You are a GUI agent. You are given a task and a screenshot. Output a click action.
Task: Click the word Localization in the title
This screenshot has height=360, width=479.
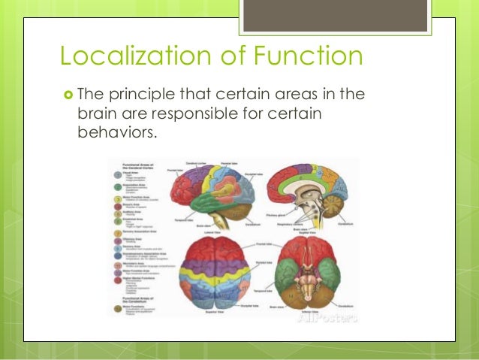(x=127, y=56)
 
